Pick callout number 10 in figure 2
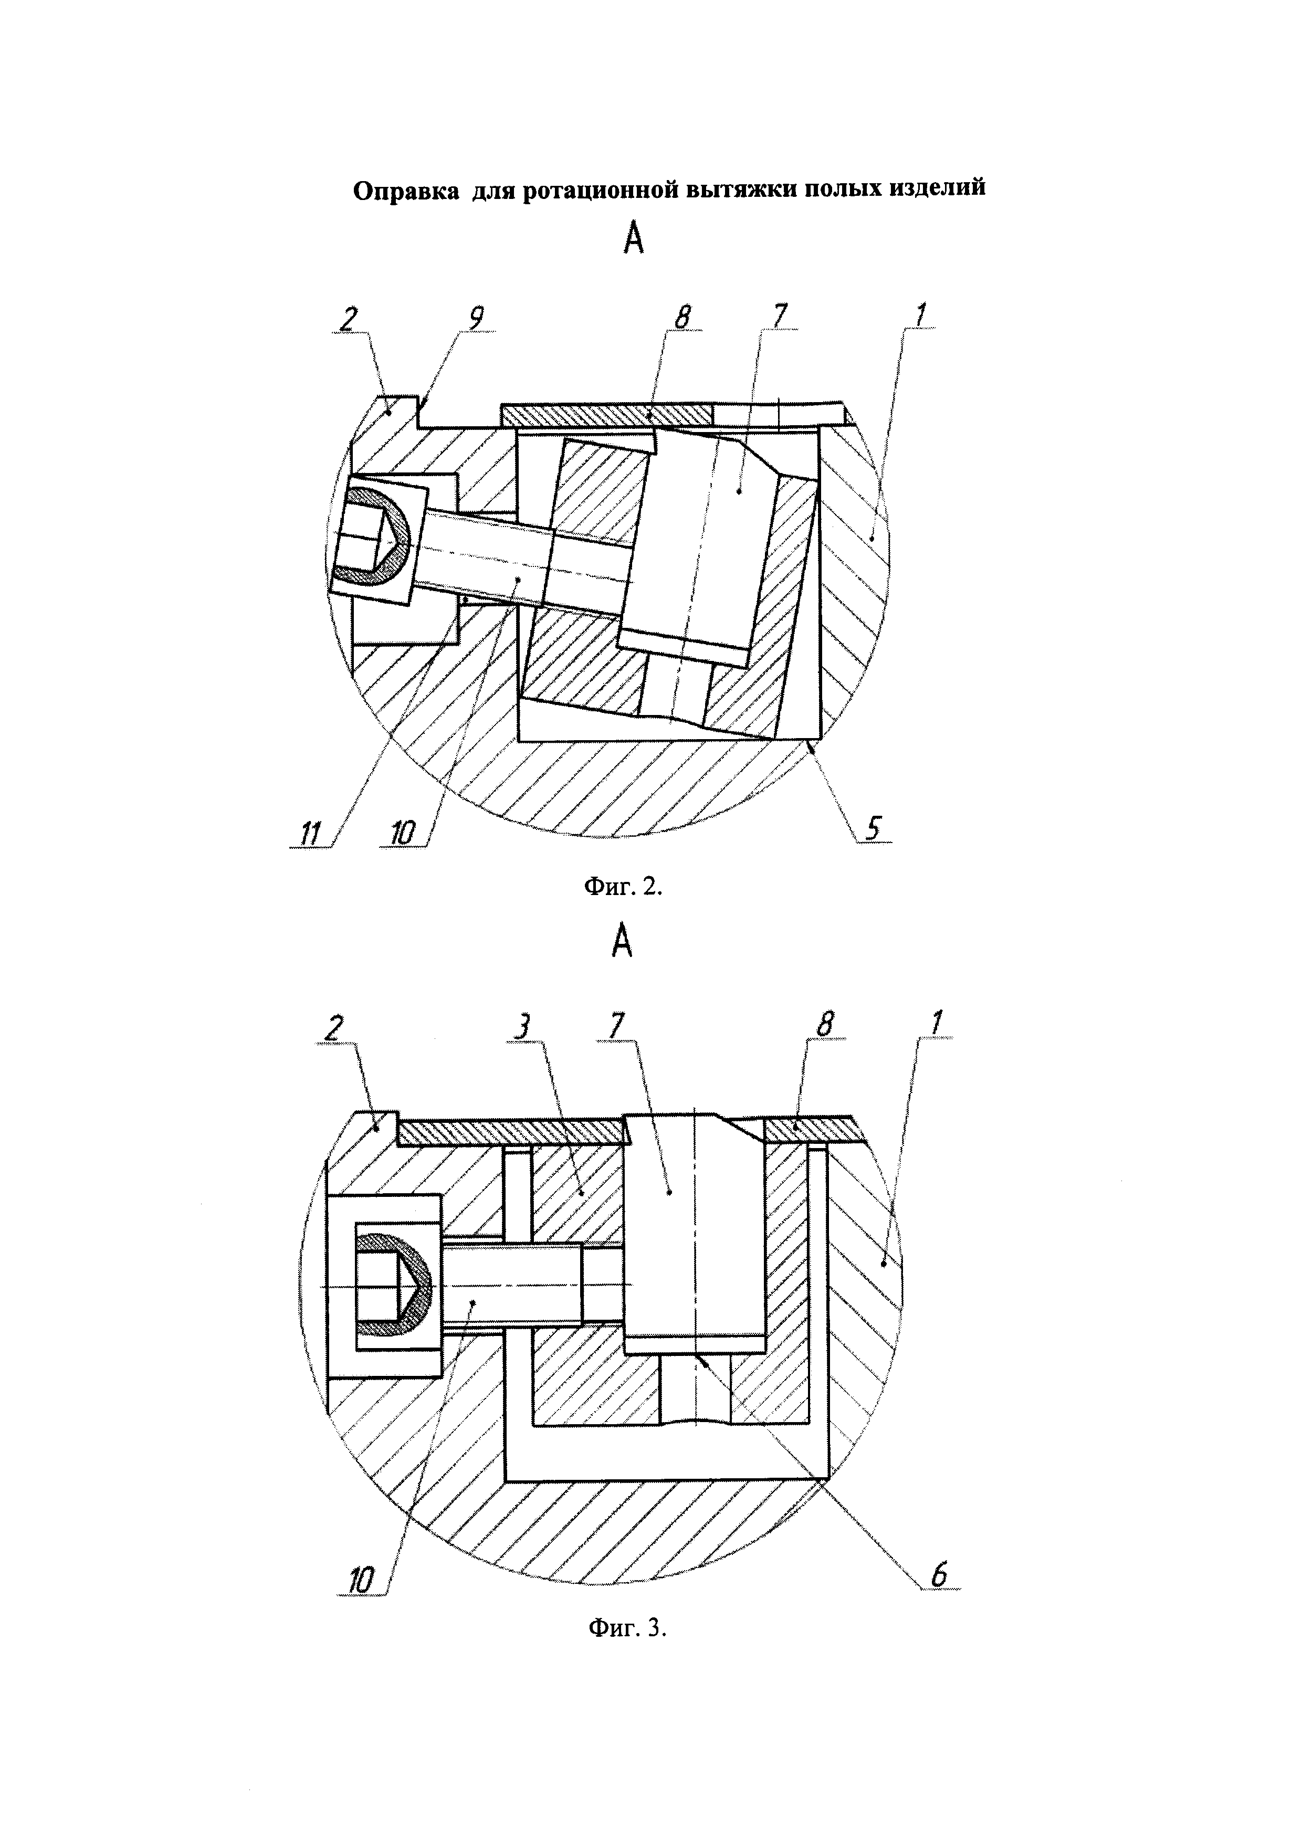click(402, 835)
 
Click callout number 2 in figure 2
click(348, 319)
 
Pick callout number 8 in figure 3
click(826, 1026)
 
